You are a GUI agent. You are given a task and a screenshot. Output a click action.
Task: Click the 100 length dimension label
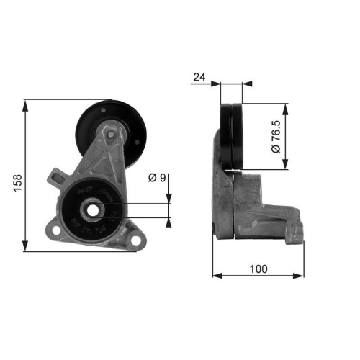tap(258, 269)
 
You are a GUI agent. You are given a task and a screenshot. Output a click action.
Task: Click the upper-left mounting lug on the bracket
tap(56, 175)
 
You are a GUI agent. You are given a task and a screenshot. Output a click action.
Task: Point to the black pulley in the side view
tap(232, 138)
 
